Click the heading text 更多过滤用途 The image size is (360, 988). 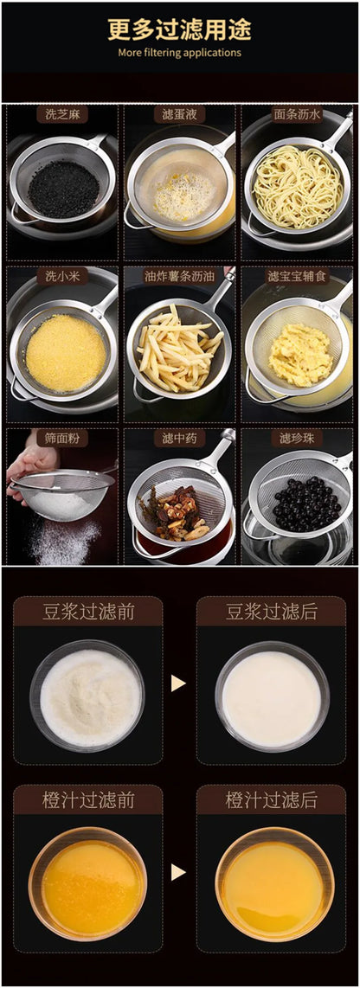click(180, 30)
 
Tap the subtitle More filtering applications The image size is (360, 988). click(180, 53)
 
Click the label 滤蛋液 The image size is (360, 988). click(179, 114)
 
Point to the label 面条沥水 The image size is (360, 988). click(297, 114)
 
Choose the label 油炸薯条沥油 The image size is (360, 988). click(179, 276)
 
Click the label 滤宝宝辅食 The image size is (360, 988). click(297, 276)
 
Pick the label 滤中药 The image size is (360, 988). click(179, 438)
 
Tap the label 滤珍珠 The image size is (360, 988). click(297, 438)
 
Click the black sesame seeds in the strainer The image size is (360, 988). click(63, 188)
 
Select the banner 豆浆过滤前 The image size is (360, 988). click(88, 612)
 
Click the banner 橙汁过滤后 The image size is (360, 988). click(272, 799)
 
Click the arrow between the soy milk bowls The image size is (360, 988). click(178, 683)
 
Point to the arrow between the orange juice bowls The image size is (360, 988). click(178, 872)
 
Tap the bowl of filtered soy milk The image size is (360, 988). click(272, 696)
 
